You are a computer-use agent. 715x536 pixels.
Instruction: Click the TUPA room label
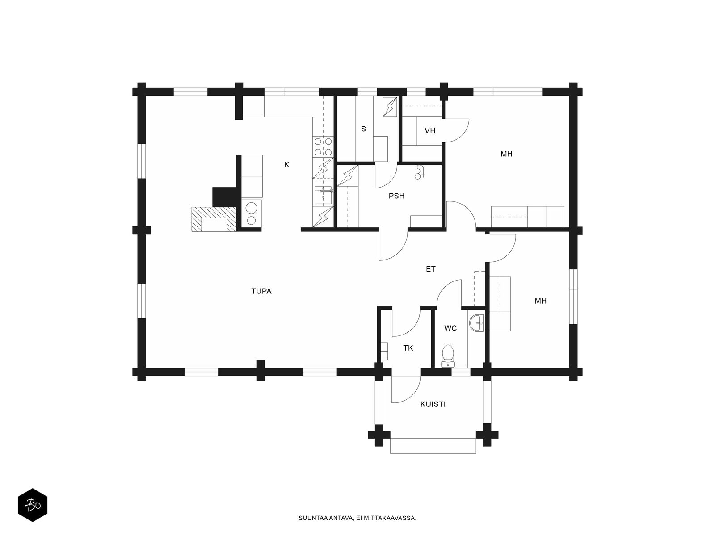(x=261, y=291)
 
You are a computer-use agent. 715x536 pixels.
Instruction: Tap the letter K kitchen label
(x=286, y=165)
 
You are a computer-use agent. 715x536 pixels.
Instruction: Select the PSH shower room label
(x=396, y=196)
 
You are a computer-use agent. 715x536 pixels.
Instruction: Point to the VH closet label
(x=430, y=130)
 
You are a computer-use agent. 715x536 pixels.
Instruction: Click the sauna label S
(x=363, y=129)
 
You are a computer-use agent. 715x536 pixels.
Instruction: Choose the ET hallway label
(x=431, y=269)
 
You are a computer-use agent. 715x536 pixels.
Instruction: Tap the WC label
(x=450, y=328)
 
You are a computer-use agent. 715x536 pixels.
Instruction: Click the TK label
(x=408, y=348)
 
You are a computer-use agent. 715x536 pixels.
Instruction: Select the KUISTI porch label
(x=433, y=404)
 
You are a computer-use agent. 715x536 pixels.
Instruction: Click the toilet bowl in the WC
(x=448, y=356)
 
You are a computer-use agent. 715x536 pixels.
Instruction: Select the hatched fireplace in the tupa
(x=214, y=219)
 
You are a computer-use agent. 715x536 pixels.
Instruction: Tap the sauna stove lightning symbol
(x=390, y=106)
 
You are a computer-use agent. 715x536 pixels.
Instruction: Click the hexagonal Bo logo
(x=33, y=505)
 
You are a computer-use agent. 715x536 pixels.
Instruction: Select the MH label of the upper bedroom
(x=506, y=154)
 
